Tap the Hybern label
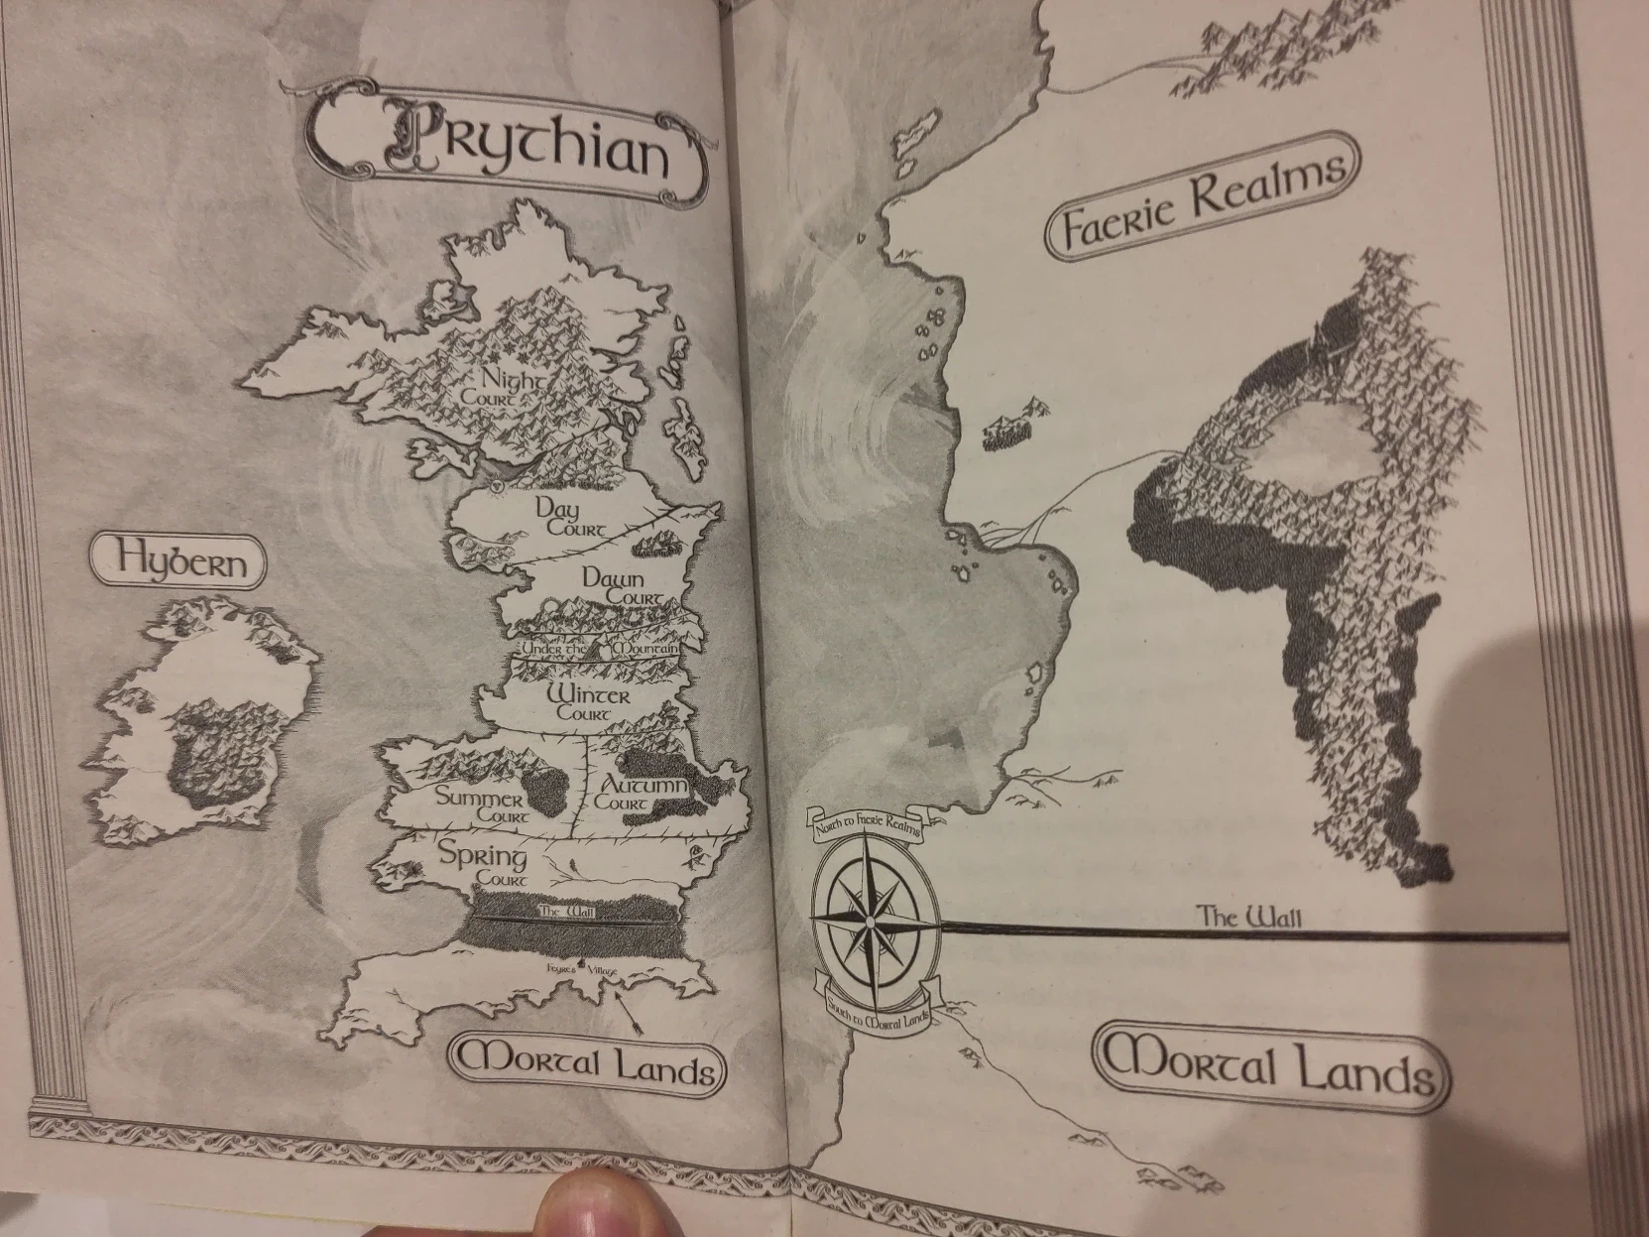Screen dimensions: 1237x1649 178,561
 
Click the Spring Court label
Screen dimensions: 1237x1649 484,863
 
